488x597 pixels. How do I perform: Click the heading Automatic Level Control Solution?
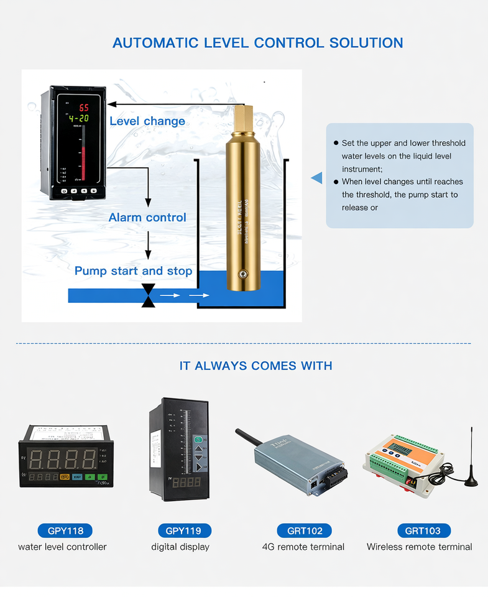click(x=257, y=43)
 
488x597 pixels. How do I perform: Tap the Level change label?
click(x=147, y=121)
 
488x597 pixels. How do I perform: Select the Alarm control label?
click(x=147, y=218)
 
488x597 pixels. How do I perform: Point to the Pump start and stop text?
click(x=133, y=271)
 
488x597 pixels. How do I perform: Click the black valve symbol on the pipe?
click(x=148, y=295)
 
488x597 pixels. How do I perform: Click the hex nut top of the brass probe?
click(x=242, y=118)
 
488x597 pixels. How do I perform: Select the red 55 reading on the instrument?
click(x=83, y=107)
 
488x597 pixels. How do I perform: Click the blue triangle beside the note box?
click(x=317, y=178)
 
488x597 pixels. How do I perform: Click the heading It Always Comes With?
click(x=256, y=366)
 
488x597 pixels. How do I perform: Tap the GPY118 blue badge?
click(x=65, y=530)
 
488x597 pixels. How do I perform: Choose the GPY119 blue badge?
click(x=184, y=530)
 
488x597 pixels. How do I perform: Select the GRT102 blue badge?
click(x=304, y=530)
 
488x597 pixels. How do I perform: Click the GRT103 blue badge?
click(x=423, y=530)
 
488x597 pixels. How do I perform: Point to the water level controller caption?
click(x=62, y=547)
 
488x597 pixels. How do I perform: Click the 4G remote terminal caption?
click(x=303, y=547)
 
